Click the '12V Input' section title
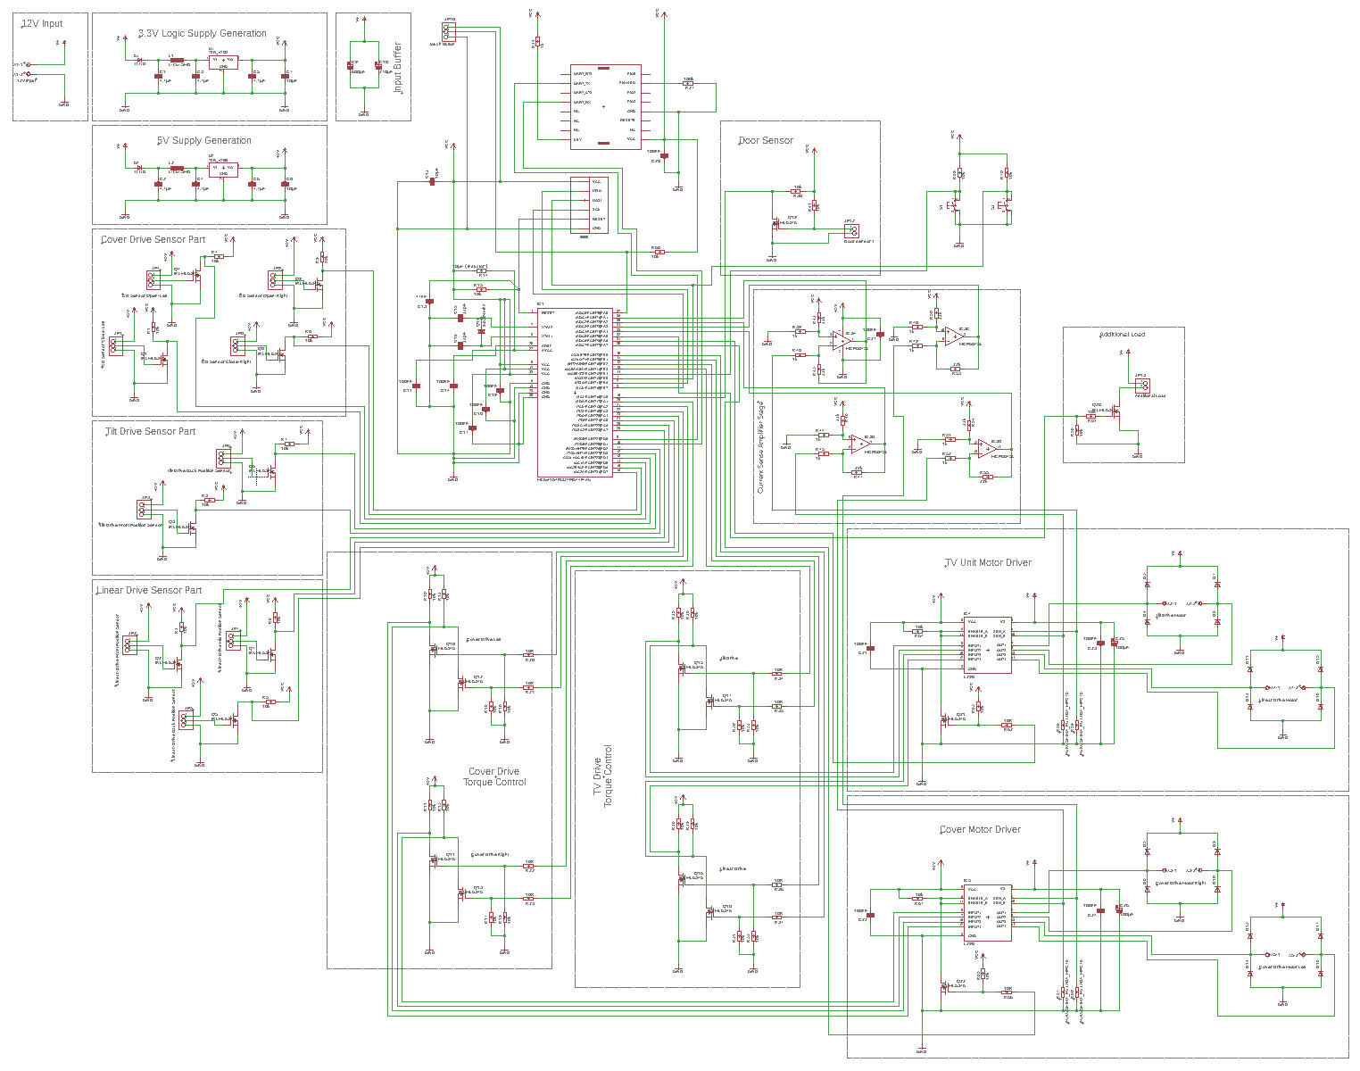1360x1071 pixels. (43, 23)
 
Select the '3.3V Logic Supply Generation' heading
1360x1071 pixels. (203, 34)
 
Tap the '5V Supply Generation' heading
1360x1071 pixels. (204, 141)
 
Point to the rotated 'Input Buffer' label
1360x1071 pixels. (398, 67)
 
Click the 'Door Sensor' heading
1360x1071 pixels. (766, 141)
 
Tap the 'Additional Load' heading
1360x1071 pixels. (1123, 335)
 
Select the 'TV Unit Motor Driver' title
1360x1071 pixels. (988, 563)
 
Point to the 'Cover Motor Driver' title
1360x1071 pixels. (980, 830)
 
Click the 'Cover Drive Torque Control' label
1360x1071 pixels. (494, 777)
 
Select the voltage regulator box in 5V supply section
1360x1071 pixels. (223, 169)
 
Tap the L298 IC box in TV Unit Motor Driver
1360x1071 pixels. (988, 645)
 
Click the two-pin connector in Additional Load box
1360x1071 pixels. (1141, 385)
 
